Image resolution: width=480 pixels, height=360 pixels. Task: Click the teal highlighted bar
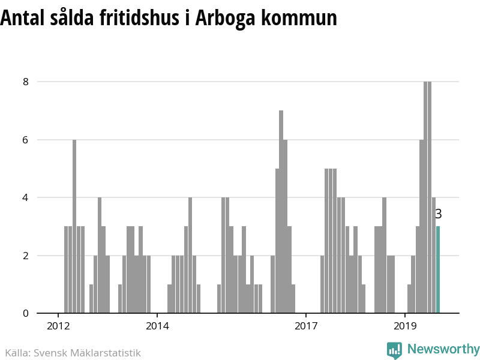tap(438, 269)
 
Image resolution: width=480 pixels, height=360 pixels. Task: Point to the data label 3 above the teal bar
tap(438, 214)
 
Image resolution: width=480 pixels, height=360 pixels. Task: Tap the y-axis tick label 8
tap(26, 82)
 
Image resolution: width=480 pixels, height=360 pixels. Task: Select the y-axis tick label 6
tap(26, 140)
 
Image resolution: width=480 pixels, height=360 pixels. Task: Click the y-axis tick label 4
tap(26, 197)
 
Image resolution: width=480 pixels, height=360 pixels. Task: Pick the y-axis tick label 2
tap(26, 256)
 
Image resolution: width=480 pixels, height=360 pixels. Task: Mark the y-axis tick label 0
tap(26, 313)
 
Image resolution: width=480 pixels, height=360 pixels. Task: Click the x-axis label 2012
tap(58, 327)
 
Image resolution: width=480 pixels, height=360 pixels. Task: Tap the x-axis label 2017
tap(306, 327)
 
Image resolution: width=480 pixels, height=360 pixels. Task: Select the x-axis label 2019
tap(406, 327)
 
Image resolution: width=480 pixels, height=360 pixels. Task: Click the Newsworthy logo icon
tap(394, 350)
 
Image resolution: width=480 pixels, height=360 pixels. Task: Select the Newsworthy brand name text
tap(443, 349)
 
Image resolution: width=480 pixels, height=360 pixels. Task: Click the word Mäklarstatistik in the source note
tap(106, 353)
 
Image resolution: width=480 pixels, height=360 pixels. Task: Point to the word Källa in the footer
tap(17, 353)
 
